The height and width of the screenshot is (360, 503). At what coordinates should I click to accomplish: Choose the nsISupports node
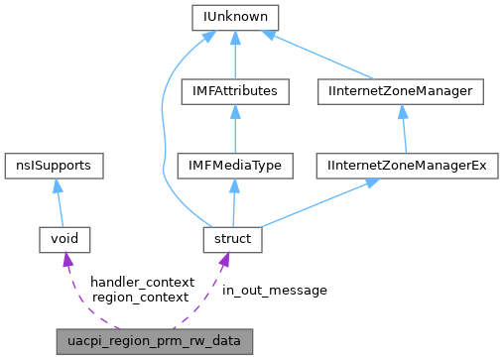click(x=55, y=165)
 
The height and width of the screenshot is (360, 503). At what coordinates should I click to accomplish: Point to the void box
click(x=64, y=239)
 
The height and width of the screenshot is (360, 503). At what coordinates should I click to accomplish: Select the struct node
click(x=232, y=239)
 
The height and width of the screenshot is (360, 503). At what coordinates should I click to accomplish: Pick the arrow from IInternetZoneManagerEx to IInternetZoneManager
click(x=403, y=128)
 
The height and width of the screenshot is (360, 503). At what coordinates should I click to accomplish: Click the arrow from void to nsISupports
click(x=60, y=202)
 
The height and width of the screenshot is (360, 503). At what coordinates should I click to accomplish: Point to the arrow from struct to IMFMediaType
click(x=232, y=202)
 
